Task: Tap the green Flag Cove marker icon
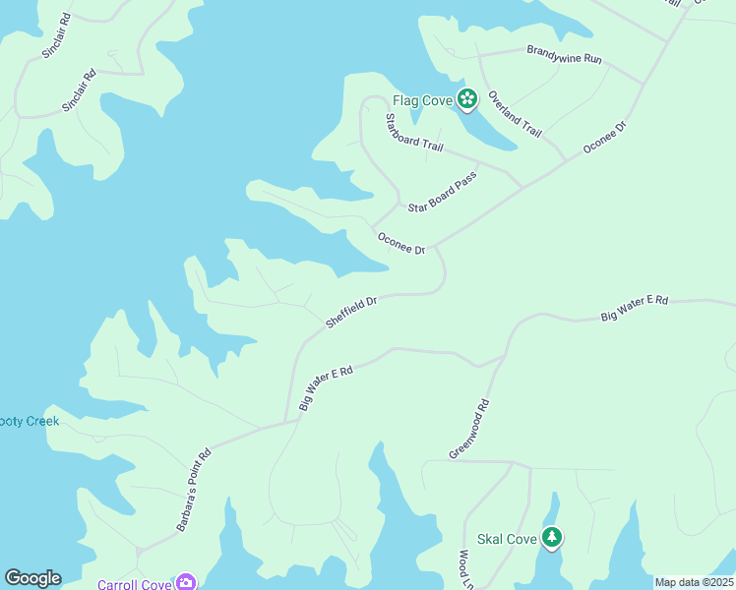pos(466,98)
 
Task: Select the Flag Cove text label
pos(422,100)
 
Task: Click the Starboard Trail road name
pos(413,132)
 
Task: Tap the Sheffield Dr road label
pos(352,313)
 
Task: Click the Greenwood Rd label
pos(468,428)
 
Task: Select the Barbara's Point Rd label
pos(194,492)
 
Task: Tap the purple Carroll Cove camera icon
pos(185,582)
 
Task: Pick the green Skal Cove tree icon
pos(553,537)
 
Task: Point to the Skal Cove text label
pos(507,539)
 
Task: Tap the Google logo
pos(32,578)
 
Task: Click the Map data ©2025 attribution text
pos(694,582)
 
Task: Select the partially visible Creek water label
pos(30,421)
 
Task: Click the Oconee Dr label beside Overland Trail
pos(604,137)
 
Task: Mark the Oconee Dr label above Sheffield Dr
pos(400,243)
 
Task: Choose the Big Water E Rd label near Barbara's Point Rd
pos(326,386)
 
